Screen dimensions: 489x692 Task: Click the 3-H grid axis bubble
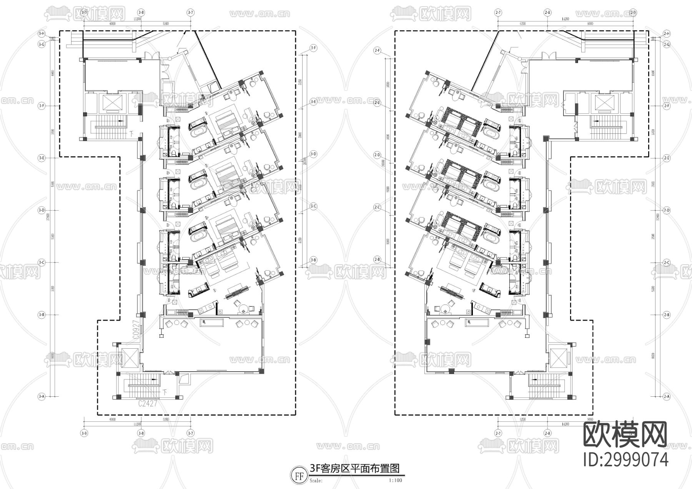pos(42,34)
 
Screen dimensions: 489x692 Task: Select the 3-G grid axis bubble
pos(42,45)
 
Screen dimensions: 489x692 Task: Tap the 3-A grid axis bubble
pos(42,396)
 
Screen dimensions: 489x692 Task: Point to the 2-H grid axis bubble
pos(667,34)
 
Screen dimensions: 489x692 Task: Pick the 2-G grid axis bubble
pos(667,45)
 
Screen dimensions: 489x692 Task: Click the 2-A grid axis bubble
pos(667,396)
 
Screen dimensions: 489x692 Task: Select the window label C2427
pos(147,404)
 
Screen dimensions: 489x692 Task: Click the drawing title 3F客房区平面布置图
pos(355,468)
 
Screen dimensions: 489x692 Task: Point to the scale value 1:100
pos(395,480)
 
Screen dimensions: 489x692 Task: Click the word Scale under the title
pos(317,480)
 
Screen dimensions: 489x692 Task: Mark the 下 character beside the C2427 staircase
pos(165,392)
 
